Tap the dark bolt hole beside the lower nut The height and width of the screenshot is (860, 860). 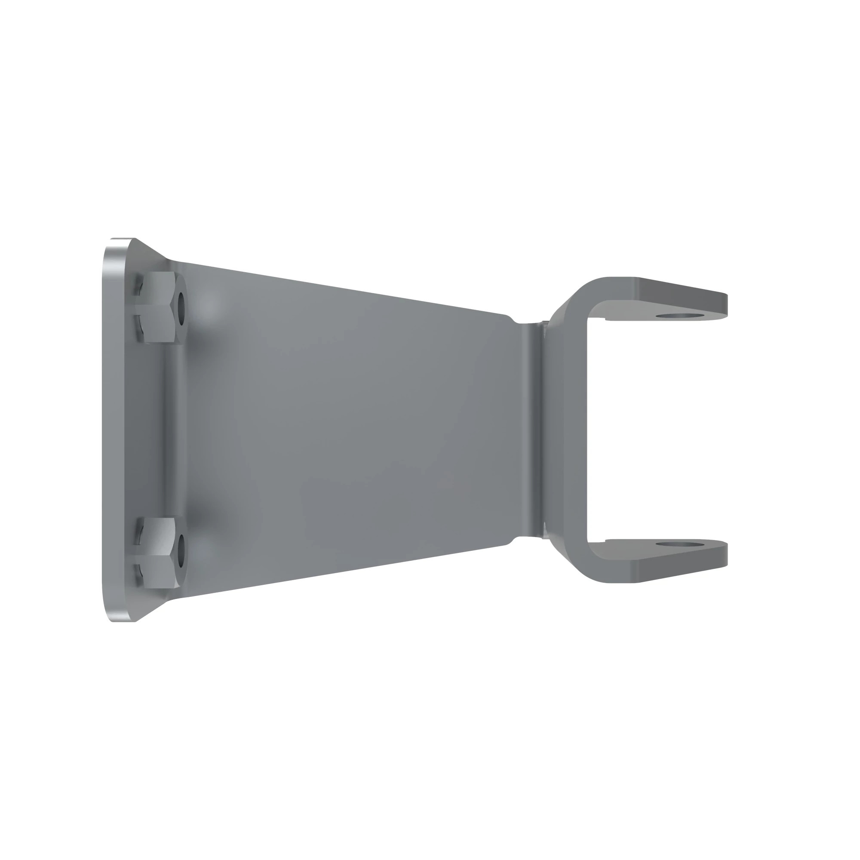pyautogui.click(x=181, y=552)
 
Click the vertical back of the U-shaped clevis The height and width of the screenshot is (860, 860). pyautogui.click(x=577, y=430)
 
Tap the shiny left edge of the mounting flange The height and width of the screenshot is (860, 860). pyautogui.click(x=109, y=430)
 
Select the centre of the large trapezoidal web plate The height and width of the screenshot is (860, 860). pyautogui.click(x=347, y=430)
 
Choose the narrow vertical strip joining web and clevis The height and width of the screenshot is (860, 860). pyautogui.click(x=534, y=430)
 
